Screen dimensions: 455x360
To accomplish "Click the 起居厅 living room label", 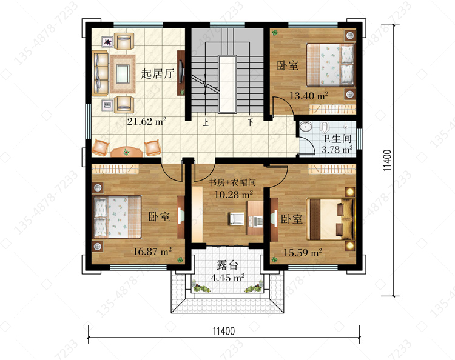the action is click(x=158, y=73).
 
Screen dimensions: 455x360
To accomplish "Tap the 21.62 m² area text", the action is click(x=147, y=121).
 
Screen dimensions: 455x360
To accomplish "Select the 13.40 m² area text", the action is click(x=309, y=95).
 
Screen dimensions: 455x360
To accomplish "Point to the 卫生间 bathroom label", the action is click(x=336, y=139).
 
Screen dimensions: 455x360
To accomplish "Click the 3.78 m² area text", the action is click(x=337, y=150).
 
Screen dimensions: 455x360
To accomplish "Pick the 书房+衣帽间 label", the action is click(x=232, y=182).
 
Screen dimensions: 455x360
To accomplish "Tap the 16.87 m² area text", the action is click(x=152, y=251).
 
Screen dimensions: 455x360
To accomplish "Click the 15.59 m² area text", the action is click(x=303, y=253).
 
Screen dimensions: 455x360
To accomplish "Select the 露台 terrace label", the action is click(x=227, y=265).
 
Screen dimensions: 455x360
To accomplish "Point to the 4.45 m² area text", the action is click(x=227, y=278).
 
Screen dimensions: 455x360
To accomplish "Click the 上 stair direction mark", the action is click(x=206, y=122).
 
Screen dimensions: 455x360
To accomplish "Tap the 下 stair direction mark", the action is click(x=250, y=122).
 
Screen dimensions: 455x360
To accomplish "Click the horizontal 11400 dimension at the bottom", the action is click(x=224, y=331).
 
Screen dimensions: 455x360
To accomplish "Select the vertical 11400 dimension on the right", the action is click(x=388, y=160).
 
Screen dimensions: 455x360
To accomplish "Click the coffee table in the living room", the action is click(x=123, y=74).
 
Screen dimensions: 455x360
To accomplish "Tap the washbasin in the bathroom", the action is click(x=306, y=127).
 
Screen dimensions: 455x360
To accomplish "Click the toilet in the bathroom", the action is click(x=325, y=127).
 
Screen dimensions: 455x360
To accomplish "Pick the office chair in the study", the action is click(x=237, y=219).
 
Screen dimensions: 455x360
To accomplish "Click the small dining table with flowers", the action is click(x=127, y=152).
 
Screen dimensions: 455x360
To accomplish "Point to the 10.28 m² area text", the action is click(x=234, y=194).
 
